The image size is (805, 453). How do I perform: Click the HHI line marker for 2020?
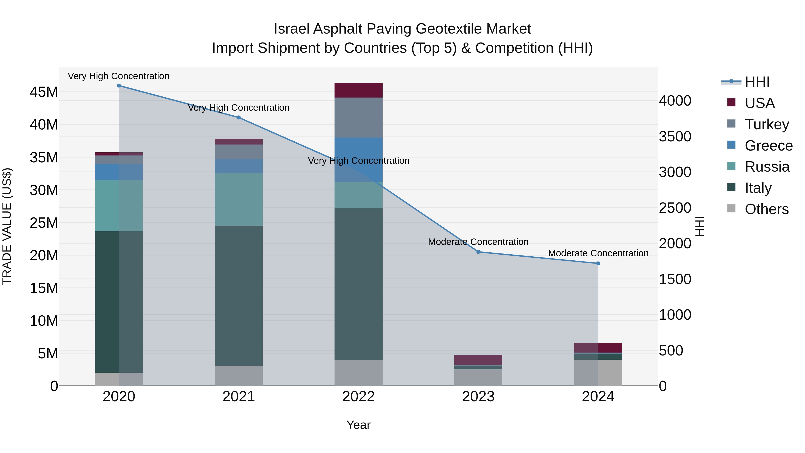[119, 86]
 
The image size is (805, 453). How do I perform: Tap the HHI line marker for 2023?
[478, 252]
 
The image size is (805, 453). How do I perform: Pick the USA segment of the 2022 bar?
[358, 90]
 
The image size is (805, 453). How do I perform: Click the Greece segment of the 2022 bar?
[358, 160]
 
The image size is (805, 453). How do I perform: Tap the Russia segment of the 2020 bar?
[119, 206]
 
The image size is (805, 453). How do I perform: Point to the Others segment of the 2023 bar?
[478, 378]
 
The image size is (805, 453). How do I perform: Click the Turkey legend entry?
[767, 124]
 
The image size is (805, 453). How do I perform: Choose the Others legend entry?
[766, 209]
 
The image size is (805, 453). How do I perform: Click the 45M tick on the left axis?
[44, 92]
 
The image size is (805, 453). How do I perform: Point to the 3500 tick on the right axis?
[675, 137]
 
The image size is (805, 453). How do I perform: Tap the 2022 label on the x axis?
[358, 397]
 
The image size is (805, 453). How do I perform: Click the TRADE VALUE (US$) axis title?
[7, 227]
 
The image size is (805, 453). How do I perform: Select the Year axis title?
[358, 425]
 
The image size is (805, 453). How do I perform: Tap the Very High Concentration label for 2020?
[119, 76]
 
